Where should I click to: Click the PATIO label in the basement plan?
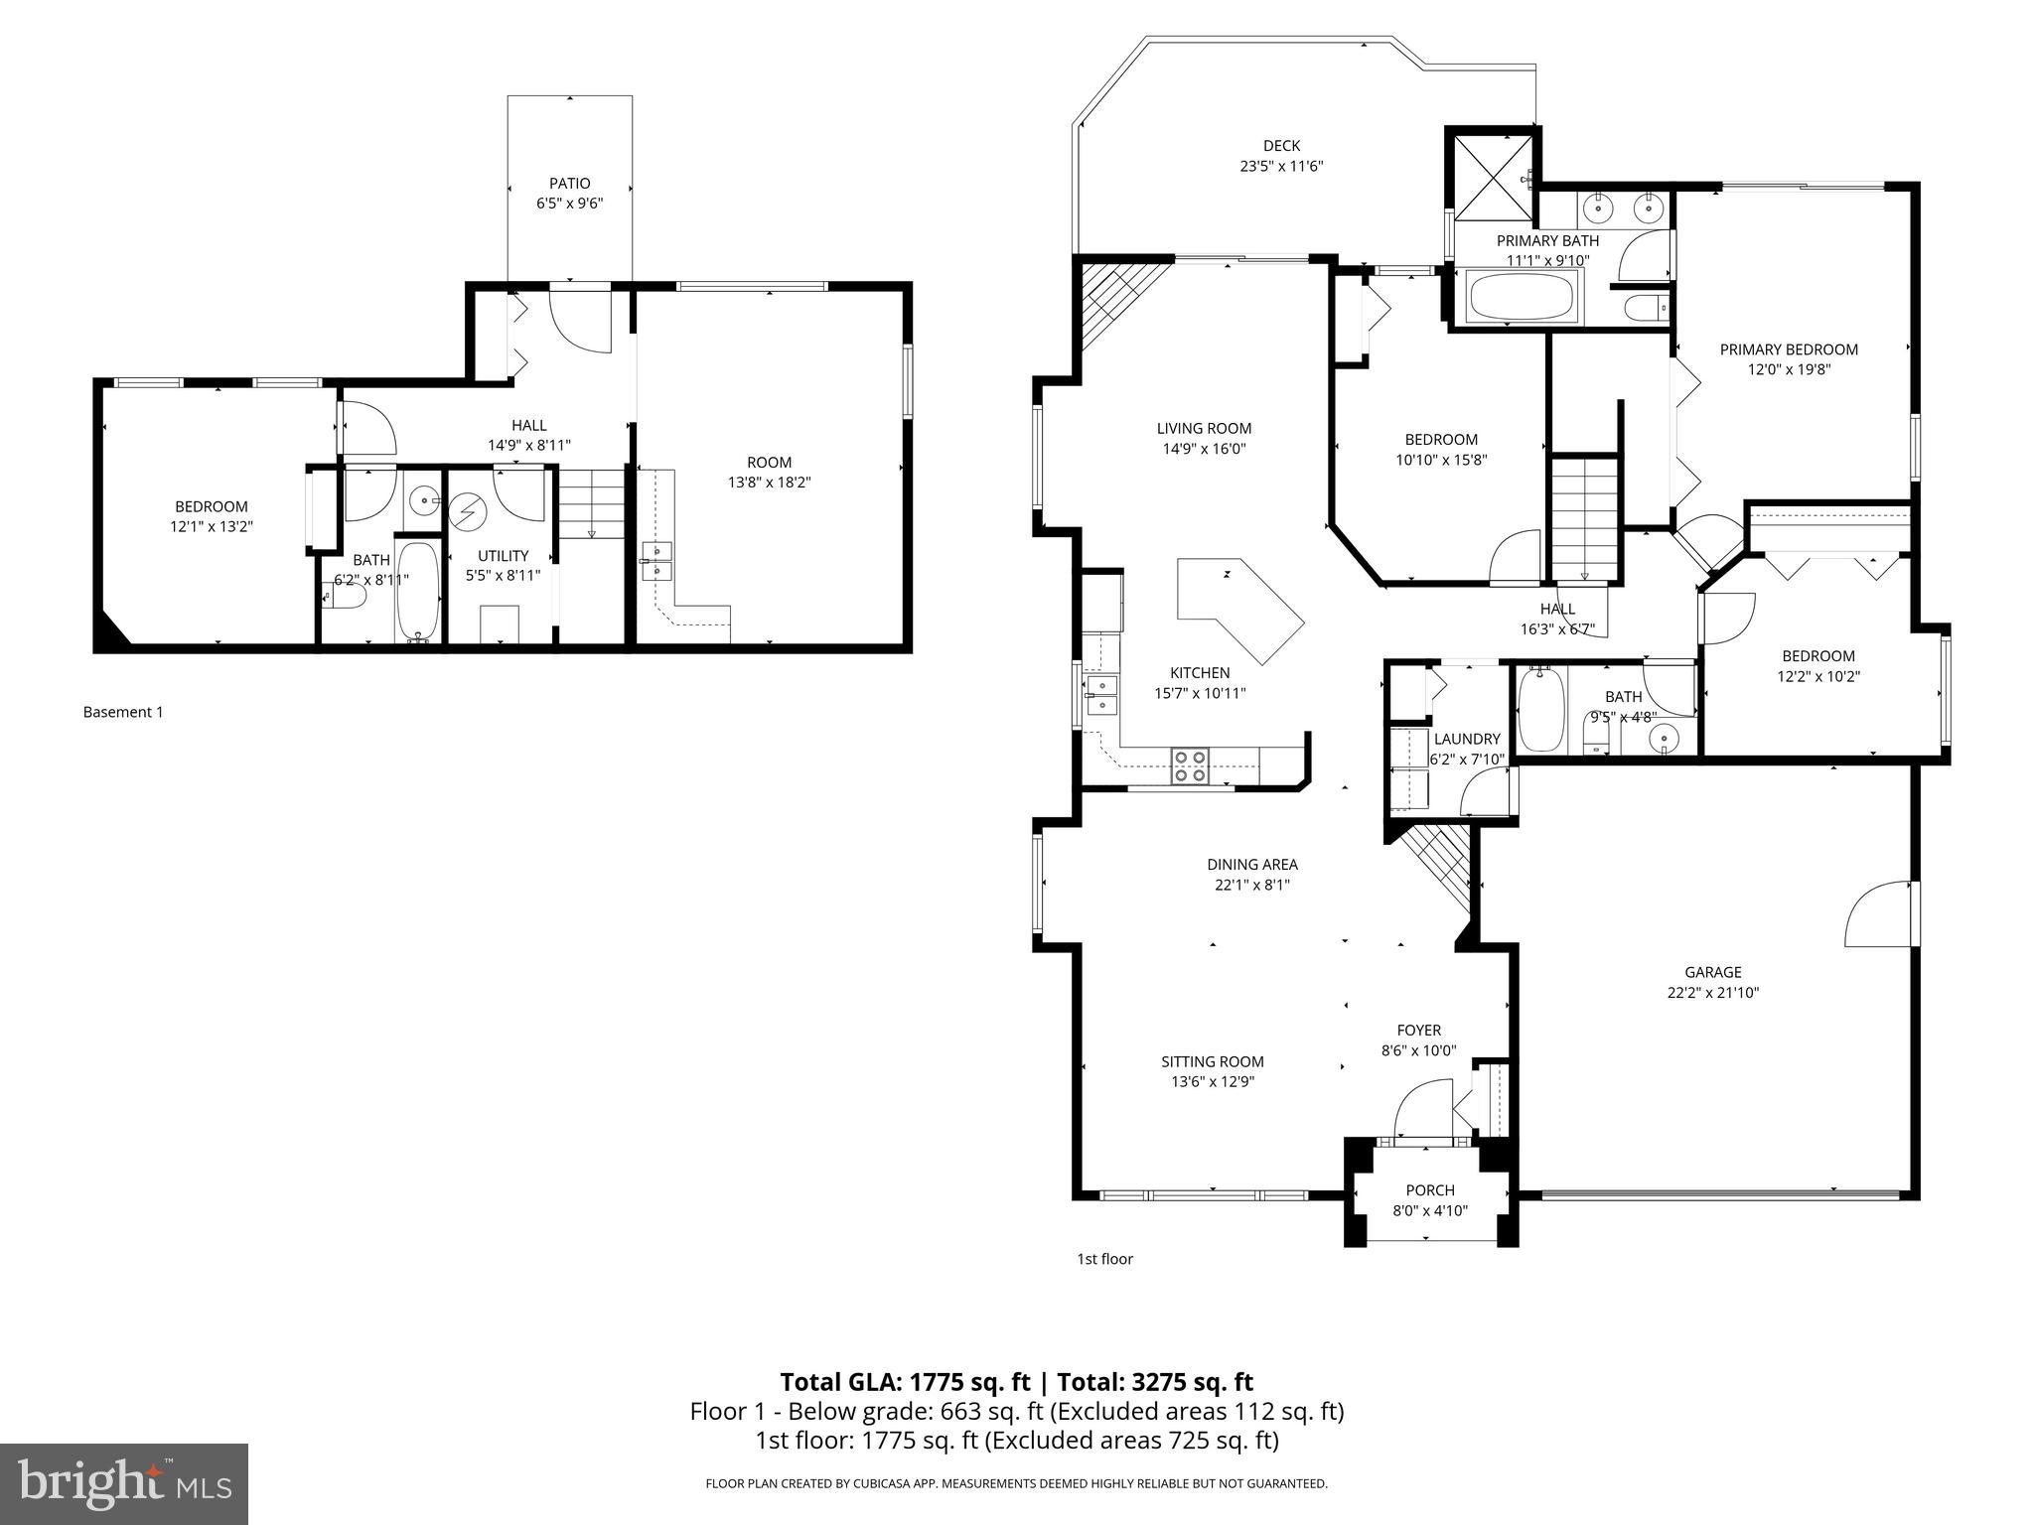tap(569, 183)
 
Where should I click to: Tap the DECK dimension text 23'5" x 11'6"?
tap(1281, 167)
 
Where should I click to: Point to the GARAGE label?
tap(1712, 972)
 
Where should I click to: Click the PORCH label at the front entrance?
tap(1430, 1190)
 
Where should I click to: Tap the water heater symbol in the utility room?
tap(464, 512)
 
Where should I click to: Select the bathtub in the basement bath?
tap(418, 592)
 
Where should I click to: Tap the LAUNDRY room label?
tap(1466, 739)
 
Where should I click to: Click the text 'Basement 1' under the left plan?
tap(123, 712)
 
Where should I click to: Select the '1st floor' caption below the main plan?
tap(1104, 1259)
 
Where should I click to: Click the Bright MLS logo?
tap(124, 1483)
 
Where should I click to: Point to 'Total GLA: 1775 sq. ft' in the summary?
tap(905, 1382)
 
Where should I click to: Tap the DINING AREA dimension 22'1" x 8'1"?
tap(1251, 885)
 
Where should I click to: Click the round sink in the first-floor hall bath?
tap(1664, 737)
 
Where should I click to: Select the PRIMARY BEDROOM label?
tap(1789, 349)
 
